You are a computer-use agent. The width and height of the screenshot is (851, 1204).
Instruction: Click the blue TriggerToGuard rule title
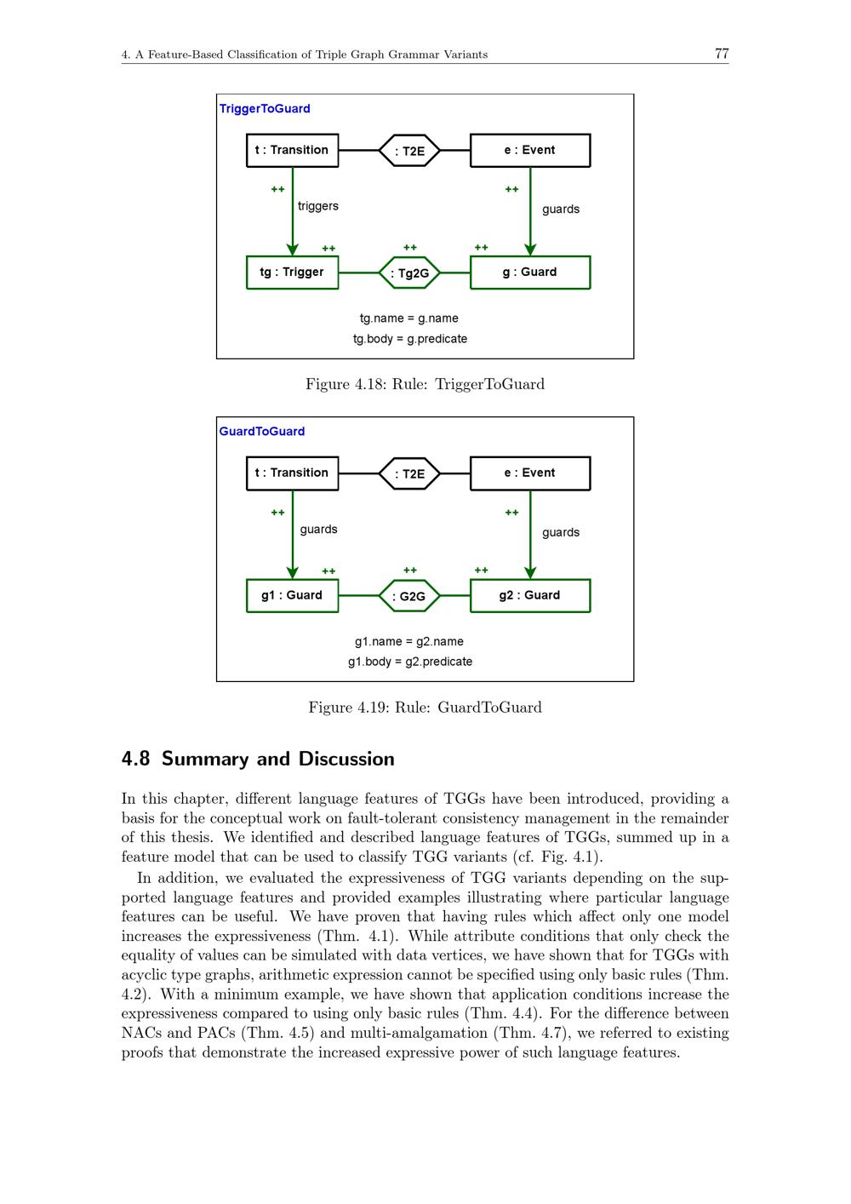click(265, 109)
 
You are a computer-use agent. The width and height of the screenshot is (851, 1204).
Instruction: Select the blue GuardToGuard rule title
click(262, 432)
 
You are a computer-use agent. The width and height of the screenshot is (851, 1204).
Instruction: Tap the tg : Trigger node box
click(292, 272)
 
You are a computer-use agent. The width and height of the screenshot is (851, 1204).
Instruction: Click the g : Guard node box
click(529, 272)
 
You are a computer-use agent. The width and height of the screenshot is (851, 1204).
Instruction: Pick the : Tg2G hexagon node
click(409, 273)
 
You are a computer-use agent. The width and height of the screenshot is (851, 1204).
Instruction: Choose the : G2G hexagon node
click(409, 596)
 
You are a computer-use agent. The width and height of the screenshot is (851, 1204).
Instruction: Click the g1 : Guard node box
click(292, 595)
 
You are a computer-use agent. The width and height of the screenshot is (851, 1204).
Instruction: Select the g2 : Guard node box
click(529, 595)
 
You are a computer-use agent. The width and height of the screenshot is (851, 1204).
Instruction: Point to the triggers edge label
click(318, 206)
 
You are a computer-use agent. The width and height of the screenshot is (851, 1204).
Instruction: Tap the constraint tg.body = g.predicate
click(410, 339)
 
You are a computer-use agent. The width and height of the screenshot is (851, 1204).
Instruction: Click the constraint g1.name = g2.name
click(409, 641)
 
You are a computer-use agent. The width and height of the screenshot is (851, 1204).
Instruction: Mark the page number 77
click(722, 54)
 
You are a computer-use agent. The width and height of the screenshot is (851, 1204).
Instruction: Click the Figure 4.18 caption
click(425, 384)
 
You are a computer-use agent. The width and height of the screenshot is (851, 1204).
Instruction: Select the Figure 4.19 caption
click(425, 708)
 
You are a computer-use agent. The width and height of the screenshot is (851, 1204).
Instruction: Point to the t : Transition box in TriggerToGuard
click(292, 151)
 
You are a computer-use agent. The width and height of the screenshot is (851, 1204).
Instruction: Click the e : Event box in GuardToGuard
click(529, 473)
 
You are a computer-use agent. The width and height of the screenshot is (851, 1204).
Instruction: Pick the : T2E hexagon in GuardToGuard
click(409, 474)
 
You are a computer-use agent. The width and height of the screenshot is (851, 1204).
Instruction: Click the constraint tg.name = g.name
click(409, 318)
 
